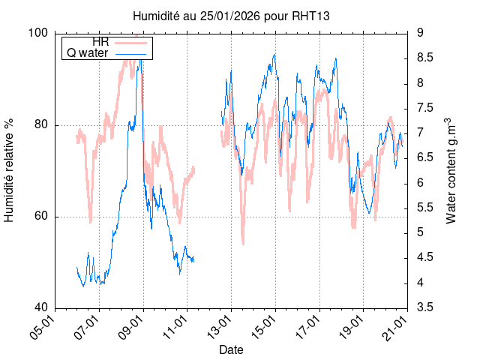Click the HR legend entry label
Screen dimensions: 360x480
100,42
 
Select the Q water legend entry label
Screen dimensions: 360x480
88,53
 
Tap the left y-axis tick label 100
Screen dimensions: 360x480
38,33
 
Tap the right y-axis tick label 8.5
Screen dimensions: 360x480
426,58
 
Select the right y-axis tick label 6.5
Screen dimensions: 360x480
426,157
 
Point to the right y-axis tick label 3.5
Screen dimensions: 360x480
426,308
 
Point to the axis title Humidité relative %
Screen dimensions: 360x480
10,170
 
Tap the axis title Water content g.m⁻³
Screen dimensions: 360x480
451,170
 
